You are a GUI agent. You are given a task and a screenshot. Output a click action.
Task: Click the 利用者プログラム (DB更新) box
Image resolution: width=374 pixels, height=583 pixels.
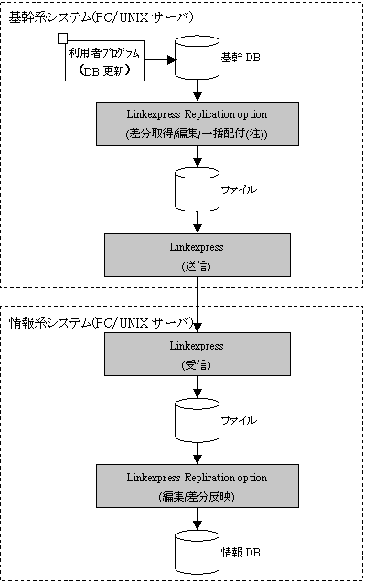tap(105, 60)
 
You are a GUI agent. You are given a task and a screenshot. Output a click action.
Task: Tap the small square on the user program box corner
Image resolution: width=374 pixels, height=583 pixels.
tap(62, 38)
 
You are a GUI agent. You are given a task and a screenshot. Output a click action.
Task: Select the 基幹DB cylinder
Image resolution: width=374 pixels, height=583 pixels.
tap(197, 58)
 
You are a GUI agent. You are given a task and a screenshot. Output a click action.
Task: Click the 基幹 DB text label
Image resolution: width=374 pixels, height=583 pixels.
tap(240, 58)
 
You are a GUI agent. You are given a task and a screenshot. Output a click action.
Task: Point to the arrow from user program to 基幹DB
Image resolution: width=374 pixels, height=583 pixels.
tap(160, 59)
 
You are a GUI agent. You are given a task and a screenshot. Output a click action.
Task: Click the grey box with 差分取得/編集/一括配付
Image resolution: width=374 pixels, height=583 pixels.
tap(198, 124)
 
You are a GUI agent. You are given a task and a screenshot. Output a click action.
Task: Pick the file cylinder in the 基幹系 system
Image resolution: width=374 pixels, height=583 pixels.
tap(197, 189)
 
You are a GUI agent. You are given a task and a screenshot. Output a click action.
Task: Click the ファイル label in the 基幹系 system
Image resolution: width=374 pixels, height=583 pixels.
tap(239, 189)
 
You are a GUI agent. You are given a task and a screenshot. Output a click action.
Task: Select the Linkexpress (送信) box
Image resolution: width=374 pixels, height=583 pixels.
tap(198, 255)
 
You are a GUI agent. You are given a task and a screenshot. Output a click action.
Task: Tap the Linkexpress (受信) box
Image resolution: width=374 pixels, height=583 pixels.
tap(198, 354)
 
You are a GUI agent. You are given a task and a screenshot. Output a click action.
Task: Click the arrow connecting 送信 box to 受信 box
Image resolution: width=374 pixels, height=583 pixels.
tap(198, 305)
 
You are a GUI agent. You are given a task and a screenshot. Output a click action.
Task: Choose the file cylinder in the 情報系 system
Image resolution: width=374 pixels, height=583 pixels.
tap(197, 420)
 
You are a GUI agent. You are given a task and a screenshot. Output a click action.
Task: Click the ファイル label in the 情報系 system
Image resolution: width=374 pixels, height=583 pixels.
tap(239, 420)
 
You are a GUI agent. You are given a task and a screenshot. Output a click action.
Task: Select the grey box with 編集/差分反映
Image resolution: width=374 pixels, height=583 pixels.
tap(198, 486)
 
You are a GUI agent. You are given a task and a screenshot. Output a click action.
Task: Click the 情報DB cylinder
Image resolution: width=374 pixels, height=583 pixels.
tap(197, 552)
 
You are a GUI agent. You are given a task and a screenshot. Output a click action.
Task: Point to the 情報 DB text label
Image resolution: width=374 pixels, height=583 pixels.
tap(240, 552)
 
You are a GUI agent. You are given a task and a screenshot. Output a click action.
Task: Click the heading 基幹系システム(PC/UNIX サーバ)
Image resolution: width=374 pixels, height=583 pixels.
tap(101, 17)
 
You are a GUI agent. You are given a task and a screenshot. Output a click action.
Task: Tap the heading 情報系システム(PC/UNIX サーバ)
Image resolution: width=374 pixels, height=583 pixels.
tap(101, 322)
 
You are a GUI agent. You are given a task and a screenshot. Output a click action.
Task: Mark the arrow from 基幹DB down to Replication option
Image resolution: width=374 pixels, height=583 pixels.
tap(198, 91)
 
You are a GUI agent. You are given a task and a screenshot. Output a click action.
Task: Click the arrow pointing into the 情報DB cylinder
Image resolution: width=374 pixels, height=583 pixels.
tap(198, 519)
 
